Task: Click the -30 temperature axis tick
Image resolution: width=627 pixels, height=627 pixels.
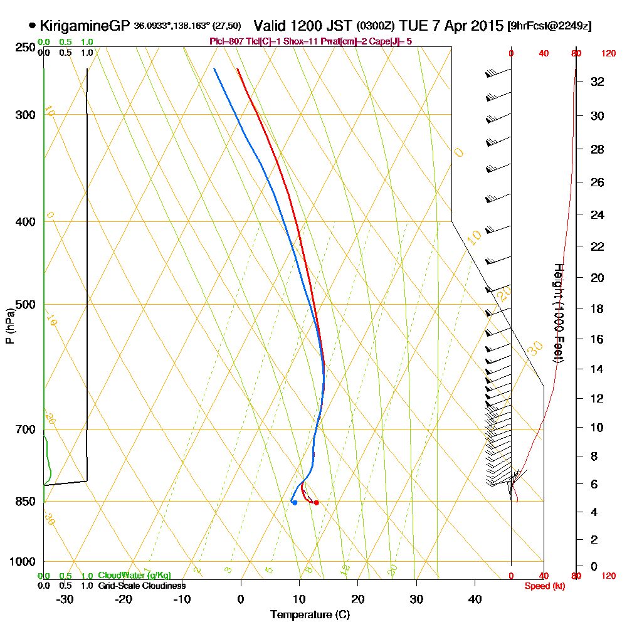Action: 65,599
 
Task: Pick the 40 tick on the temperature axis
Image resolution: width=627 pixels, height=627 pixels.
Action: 475,599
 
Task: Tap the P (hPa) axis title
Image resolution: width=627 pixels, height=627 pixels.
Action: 9,326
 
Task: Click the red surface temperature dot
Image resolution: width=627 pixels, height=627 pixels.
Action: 316,502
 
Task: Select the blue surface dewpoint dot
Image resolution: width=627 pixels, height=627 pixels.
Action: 294,502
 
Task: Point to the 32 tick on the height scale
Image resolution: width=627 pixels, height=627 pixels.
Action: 598,82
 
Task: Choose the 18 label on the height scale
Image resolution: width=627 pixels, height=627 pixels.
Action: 598,308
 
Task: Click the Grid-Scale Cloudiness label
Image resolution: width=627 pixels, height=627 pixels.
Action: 141,586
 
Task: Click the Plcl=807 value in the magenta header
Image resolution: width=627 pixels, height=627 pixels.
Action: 228,41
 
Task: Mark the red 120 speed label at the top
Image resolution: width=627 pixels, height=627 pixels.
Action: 608,54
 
